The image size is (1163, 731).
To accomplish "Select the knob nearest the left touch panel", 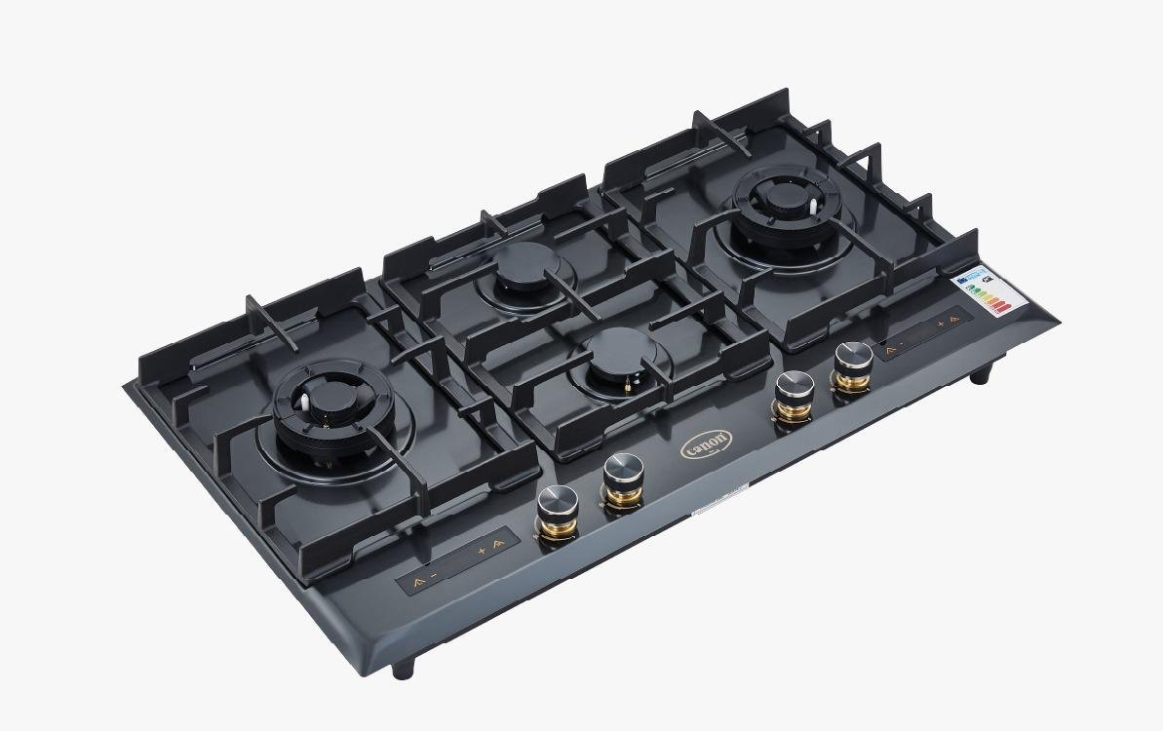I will [x=558, y=503].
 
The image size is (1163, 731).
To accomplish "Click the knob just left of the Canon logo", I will [x=621, y=474].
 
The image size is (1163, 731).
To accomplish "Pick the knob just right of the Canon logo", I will [x=793, y=388].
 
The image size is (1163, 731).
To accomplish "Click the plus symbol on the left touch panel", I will [x=481, y=552].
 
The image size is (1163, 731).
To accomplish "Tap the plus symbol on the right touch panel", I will [x=941, y=322].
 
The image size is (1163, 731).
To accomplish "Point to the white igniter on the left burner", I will [x=306, y=399].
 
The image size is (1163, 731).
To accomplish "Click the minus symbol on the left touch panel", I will [x=434, y=578].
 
